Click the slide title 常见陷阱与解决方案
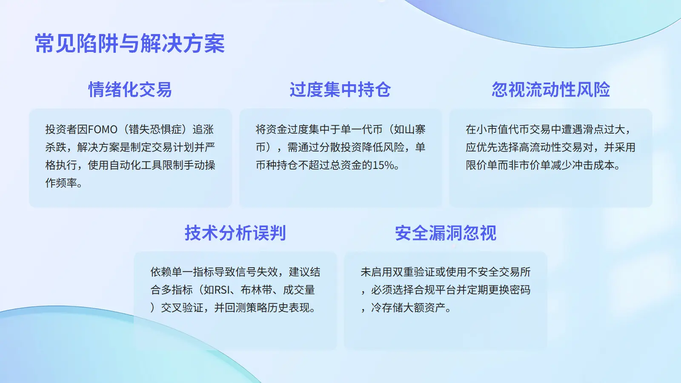click(x=130, y=43)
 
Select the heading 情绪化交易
click(x=130, y=89)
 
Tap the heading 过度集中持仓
click(x=340, y=89)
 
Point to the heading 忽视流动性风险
click(x=551, y=89)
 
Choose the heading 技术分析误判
click(x=235, y=233)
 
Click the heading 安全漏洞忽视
click(x=446, y=233)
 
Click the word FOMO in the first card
click(x=103, y=129)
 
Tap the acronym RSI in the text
click(x=222, y=290)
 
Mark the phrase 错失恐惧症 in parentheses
click(x=155, y=129)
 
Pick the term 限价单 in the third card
click(x=481, y=165)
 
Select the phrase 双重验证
click(x=414, y=272)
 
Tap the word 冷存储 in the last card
click(x=387, y=308)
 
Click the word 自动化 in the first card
click(x=125, y=165)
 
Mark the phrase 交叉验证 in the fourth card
click(x=182, y=308)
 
